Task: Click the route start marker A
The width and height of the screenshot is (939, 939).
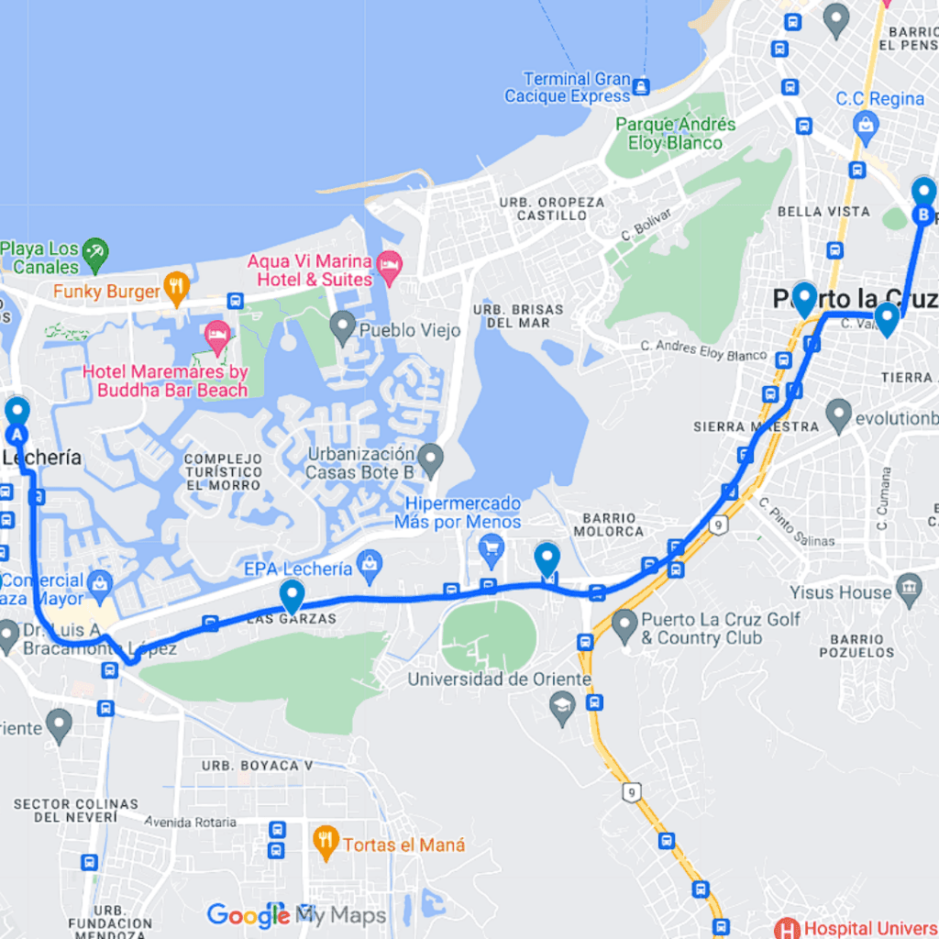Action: coord(17,414)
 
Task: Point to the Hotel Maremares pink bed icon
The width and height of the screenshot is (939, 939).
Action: coord(217,336)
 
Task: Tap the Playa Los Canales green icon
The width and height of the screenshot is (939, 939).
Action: coord(94,252)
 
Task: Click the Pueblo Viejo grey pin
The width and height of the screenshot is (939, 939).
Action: coord(342,326)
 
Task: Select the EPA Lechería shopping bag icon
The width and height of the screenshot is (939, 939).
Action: coord(370,567)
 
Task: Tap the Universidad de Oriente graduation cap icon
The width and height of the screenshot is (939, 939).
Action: coord(561,706)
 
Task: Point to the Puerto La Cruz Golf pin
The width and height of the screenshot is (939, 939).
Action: coord(624,626)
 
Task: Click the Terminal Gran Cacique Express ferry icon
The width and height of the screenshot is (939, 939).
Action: coord(641,87)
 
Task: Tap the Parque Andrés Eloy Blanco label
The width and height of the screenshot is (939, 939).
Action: coord(675,134)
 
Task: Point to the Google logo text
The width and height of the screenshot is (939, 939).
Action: coord(248,915)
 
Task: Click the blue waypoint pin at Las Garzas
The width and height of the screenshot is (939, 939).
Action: coord(292,596)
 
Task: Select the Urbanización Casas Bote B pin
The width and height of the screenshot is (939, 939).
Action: coord(429,457)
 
